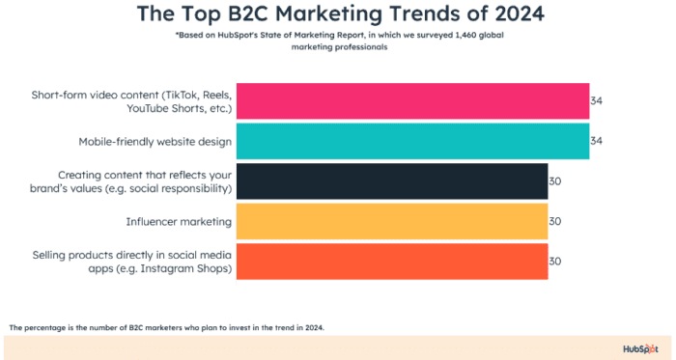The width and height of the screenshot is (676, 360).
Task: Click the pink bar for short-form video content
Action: pos(412,101)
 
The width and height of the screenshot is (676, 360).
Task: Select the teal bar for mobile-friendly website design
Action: pos(412,141)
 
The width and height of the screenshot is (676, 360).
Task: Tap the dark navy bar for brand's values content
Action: pos(392,181)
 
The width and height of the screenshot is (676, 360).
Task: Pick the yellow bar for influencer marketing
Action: pos(392,221)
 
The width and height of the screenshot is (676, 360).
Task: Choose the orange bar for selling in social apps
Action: pos(392,261)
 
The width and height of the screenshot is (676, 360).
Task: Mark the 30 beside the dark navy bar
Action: pos(555,181)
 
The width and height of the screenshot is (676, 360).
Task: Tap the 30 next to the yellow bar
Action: pos(555,221)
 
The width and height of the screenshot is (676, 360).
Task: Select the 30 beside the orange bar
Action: pos(555,261)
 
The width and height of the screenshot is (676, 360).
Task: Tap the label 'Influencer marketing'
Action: pos(179,221)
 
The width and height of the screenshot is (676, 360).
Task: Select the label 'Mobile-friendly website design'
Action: pos(155,142)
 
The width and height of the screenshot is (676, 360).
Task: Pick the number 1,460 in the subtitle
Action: pos(448,36)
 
